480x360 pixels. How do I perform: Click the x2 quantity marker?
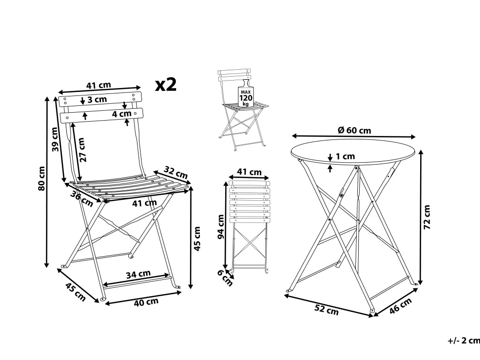(166, 85)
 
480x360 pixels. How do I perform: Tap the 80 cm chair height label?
(42, 179)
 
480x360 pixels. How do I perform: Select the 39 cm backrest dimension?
(55, 139)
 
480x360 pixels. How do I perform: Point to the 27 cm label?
(81, 149)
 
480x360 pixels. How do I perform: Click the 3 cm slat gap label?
(97, 99)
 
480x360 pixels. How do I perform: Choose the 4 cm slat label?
(122, 114)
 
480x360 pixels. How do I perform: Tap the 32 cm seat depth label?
(176, 173)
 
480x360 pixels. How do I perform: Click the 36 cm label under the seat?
(81, 199)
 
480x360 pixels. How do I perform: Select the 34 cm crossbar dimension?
(139, 274)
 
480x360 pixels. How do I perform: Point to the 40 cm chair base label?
(146, 302)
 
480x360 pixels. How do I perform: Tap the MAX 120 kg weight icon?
(246, 93)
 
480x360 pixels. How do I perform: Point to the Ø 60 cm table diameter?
(354, 130)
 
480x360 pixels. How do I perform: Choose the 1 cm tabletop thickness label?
(345, 156)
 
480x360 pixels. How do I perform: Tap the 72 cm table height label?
(426, 217)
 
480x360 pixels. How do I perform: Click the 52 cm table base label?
(327, 310)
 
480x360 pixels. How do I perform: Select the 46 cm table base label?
(400, 306)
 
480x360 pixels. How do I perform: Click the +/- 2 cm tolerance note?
(464, 340)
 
